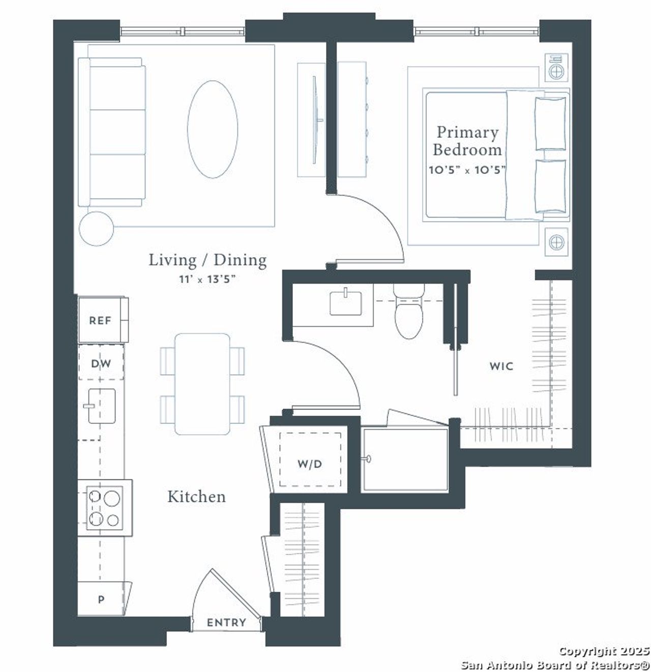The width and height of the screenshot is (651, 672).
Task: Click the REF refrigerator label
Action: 100,321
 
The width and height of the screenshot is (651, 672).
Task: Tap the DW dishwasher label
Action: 101,363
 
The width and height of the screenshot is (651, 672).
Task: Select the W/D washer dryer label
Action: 310,464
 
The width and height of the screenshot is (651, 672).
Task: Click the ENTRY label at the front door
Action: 226,622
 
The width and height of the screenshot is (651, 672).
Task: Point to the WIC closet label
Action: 501,366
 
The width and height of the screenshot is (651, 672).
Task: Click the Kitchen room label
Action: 196,497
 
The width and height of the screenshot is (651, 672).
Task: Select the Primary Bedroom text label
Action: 467,141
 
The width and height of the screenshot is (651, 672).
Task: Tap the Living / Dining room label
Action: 208,260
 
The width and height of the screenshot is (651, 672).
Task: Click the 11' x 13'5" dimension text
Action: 208,279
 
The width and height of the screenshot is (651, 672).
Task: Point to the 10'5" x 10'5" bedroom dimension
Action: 467,170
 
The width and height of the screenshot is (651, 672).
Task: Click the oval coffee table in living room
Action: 213,129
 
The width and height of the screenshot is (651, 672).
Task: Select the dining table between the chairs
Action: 202,384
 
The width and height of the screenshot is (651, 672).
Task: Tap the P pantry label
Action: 101,600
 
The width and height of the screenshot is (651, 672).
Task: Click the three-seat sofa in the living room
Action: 112,132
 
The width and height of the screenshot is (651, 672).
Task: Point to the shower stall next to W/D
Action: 404,461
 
